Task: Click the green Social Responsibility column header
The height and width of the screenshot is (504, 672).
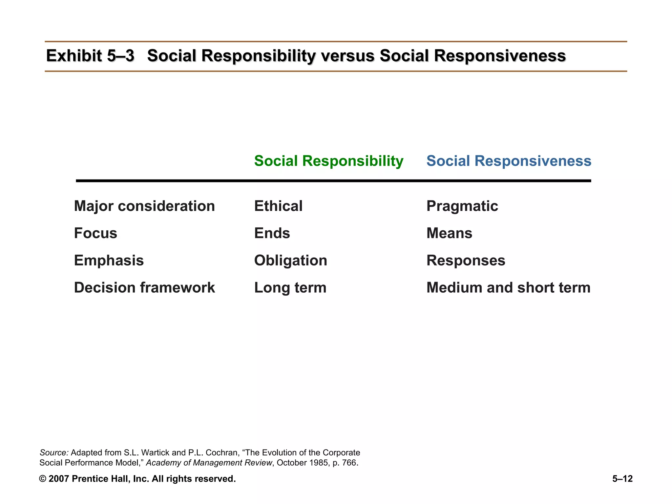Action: tap(328, 161)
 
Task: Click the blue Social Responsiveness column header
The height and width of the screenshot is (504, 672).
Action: tap(509, 161)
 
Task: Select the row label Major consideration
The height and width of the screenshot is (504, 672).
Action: tap(144, 206)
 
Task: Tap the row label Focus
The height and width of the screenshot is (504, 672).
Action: tap(95, 233)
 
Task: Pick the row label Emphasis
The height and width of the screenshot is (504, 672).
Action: tap(109, 261)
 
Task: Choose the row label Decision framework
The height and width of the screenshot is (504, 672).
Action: tap(144, 288)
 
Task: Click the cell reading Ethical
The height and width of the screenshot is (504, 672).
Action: tap(278, 206)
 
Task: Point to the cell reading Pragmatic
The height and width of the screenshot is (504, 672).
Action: tap(462, 206)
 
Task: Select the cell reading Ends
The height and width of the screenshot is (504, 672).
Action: tap(272, 233)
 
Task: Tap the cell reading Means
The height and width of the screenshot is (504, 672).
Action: tap(449, 233)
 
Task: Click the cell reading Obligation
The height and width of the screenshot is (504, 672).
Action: tap(290, 261)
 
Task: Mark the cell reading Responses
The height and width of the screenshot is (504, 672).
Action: tap(466, 261)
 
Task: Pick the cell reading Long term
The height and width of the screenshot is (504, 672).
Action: tap(290, 288)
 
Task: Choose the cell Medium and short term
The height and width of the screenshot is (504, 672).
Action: tap(508, 288)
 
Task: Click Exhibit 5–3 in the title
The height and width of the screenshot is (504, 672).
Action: tap(90, 55)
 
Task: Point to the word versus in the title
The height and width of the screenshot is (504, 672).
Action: tap(348, 56)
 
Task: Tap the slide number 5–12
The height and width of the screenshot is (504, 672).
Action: tap(622, 479)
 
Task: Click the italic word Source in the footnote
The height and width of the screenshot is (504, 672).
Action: tap(53, 453)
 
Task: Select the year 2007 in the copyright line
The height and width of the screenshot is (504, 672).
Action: tap(58, 479)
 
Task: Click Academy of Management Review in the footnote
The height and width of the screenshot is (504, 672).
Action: tap(209, 463)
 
